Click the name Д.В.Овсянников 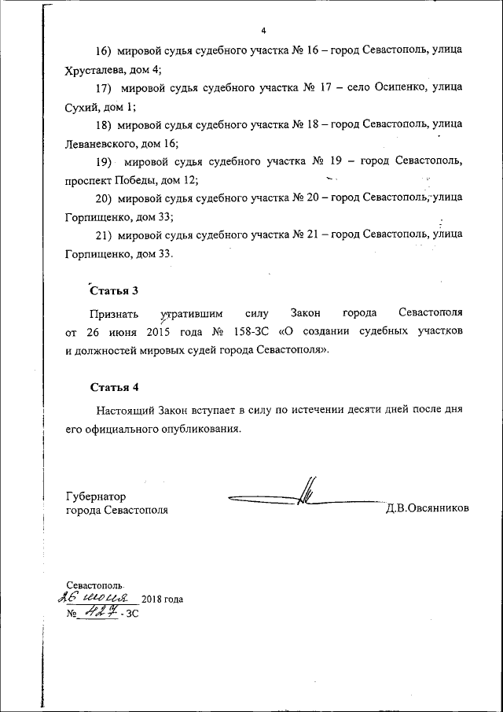(427, 508)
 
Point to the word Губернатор (96, 496)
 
